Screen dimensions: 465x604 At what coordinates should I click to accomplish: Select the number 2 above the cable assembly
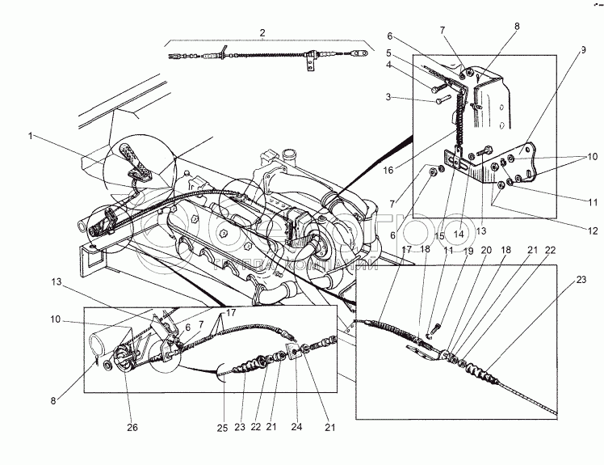(262, 32)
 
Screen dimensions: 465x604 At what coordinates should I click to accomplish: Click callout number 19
(468, 252)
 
